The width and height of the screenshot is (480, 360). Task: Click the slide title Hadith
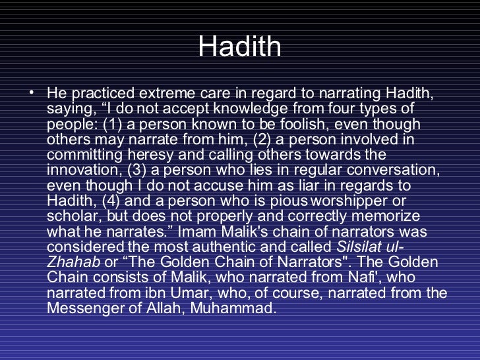pyautogui.click(x=239, y=47)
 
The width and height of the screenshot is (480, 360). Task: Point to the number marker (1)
pyautogui.click(x=104, y=124)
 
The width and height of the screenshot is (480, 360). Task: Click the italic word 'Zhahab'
pyautogui.click(x=73, y=261)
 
